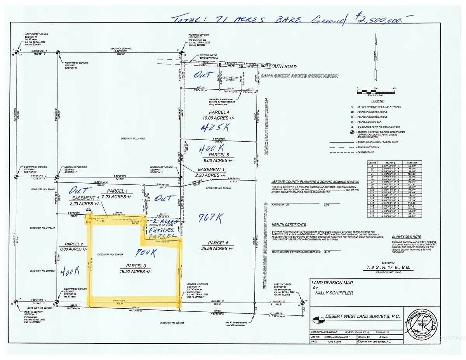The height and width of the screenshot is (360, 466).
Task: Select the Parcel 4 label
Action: tap(218, 113)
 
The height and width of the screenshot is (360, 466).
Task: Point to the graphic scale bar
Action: tap(376, 92)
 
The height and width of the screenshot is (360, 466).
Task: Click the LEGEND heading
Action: tap(375, 101)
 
